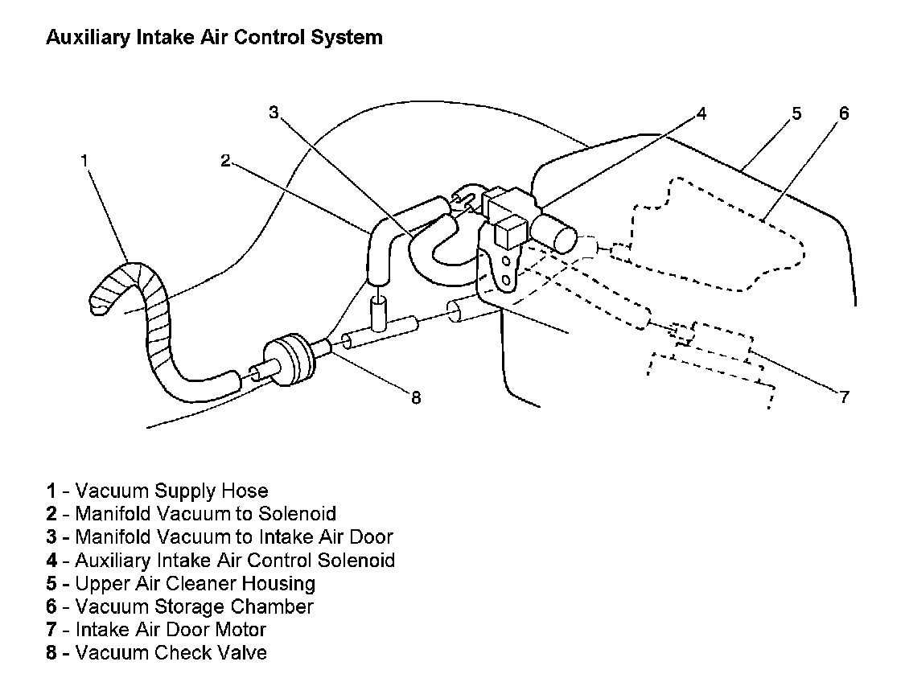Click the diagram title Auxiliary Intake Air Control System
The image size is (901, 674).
214,37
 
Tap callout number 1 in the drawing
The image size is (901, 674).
84,160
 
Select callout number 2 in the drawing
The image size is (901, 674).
225,160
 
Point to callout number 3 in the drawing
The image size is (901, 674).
274,113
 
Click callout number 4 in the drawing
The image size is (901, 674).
701,113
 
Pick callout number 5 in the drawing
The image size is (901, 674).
796,113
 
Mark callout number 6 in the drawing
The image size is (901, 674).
843,113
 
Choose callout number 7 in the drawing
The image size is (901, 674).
843,397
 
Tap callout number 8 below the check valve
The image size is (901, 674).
416,397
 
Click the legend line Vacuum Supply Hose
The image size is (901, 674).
158,491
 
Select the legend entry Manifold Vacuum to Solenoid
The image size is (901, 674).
191,513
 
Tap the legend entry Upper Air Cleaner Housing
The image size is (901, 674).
181,583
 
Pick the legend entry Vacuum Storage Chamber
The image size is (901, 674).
180,606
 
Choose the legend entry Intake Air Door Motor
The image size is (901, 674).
156,630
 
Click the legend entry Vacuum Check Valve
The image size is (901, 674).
157,652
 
